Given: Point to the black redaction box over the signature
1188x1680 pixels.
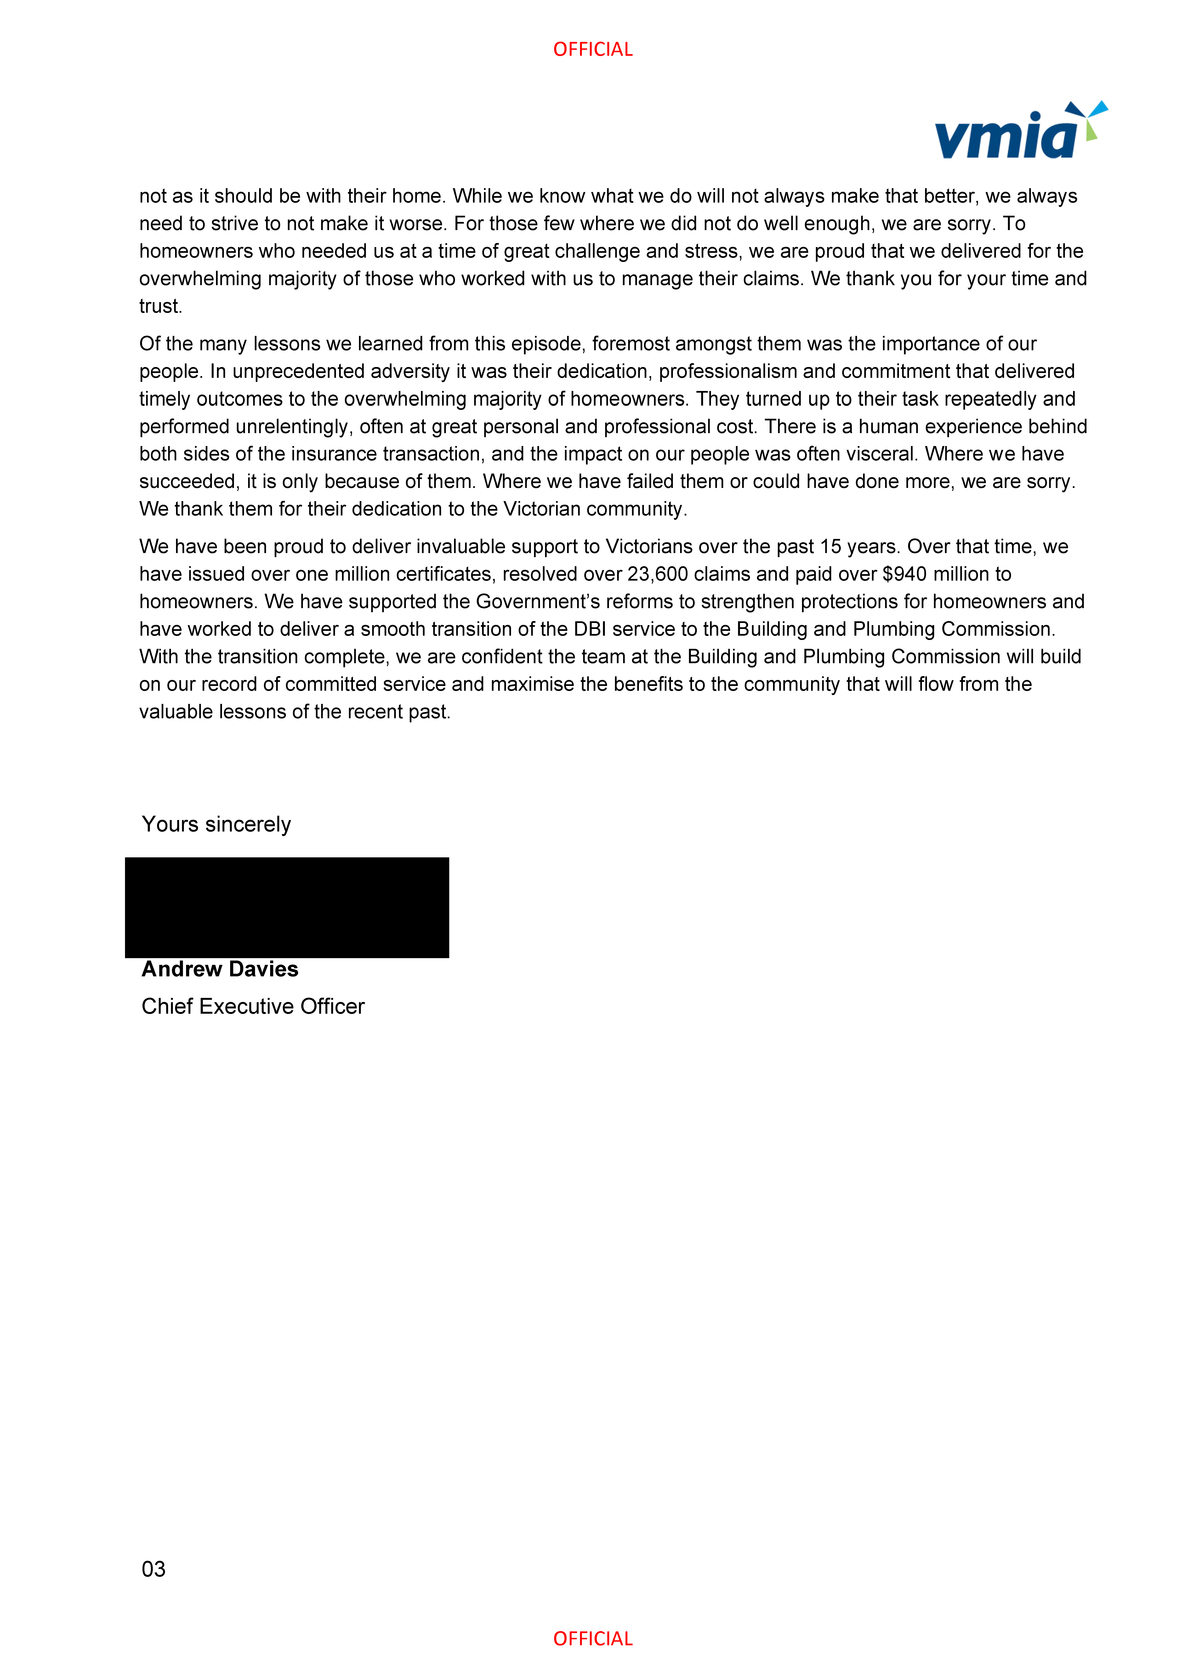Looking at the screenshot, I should (287, 907).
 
